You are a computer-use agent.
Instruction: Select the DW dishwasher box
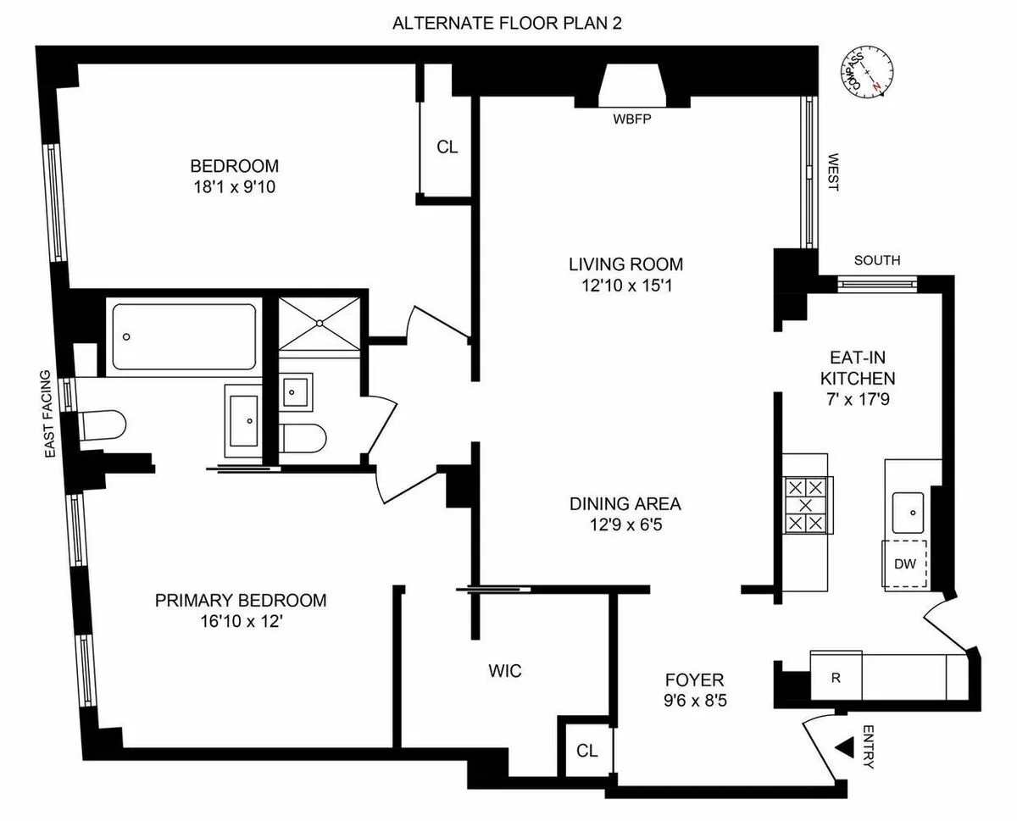[905, 563]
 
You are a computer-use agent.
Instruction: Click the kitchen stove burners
[804, 505]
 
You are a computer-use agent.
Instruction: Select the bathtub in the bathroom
[184, 336]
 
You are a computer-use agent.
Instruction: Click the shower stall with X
[321, 323]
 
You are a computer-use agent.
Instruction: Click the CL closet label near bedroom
[447, 147]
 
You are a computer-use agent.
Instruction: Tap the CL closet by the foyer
[586, 751]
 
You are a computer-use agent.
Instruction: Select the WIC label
[504, 672]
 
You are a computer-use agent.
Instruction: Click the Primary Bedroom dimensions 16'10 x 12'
[240, 621]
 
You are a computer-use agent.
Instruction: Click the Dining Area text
[625, 504]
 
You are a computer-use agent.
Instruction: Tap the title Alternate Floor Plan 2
[507, 23]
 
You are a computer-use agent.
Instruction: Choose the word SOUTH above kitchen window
[877, 261]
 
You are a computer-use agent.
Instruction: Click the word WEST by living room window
[832, 173]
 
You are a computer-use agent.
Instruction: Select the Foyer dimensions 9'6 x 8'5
[694, 701]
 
